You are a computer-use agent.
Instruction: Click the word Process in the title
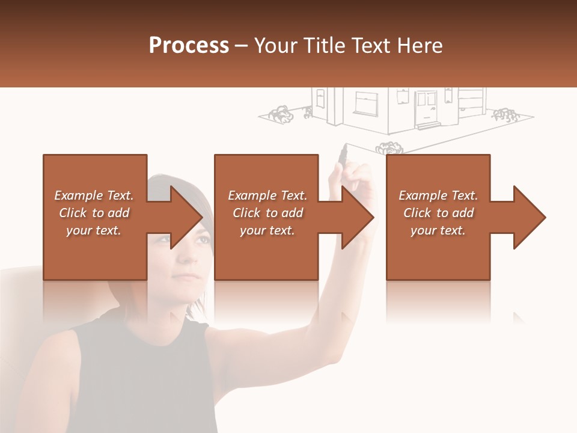point(189,45)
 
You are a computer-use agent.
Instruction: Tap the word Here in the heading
point(420,45)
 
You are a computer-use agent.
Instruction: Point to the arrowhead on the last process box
point(530,217)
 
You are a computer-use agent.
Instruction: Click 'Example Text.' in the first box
point(94,195)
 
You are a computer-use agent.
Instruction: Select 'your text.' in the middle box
point(267,230)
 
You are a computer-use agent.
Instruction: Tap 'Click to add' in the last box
point(438,213)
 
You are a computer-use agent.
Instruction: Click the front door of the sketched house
point(426,106)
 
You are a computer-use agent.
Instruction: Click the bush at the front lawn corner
point(389,147)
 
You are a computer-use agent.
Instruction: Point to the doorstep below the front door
point(427,126)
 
